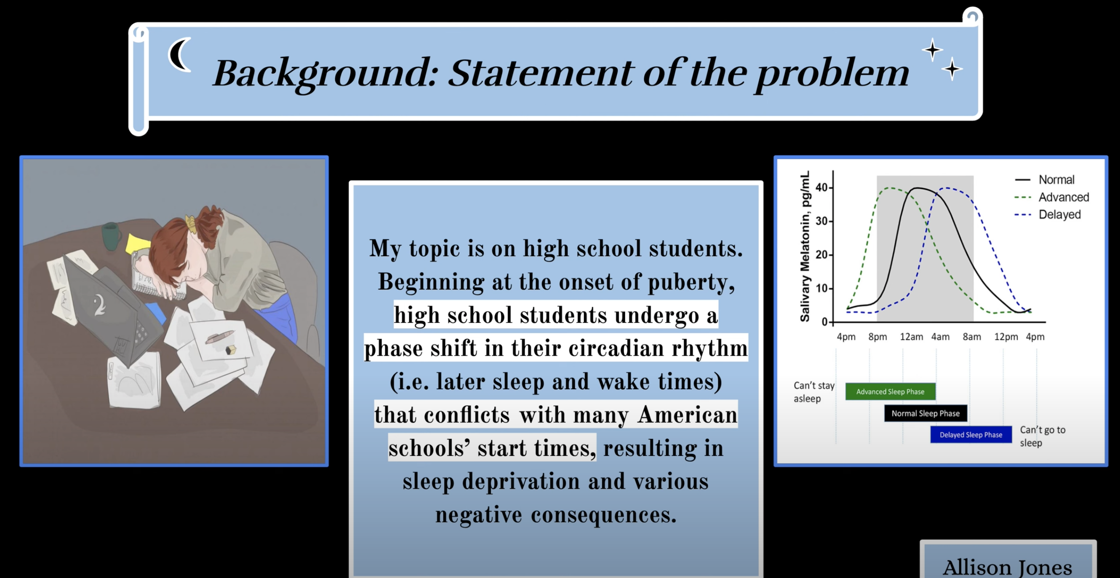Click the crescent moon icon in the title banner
point(178,55)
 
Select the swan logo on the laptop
point(101,305)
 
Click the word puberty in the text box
point(691,283)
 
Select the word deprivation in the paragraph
point(520,482)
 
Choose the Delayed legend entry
point(1048,214)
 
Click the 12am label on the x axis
point(911,337)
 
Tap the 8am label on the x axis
point(972,337)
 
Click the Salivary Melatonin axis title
point(805,246)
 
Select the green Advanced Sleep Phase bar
point(891,391)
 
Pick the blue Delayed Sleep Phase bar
point(971,434)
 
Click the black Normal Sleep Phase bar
point(925,413)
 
